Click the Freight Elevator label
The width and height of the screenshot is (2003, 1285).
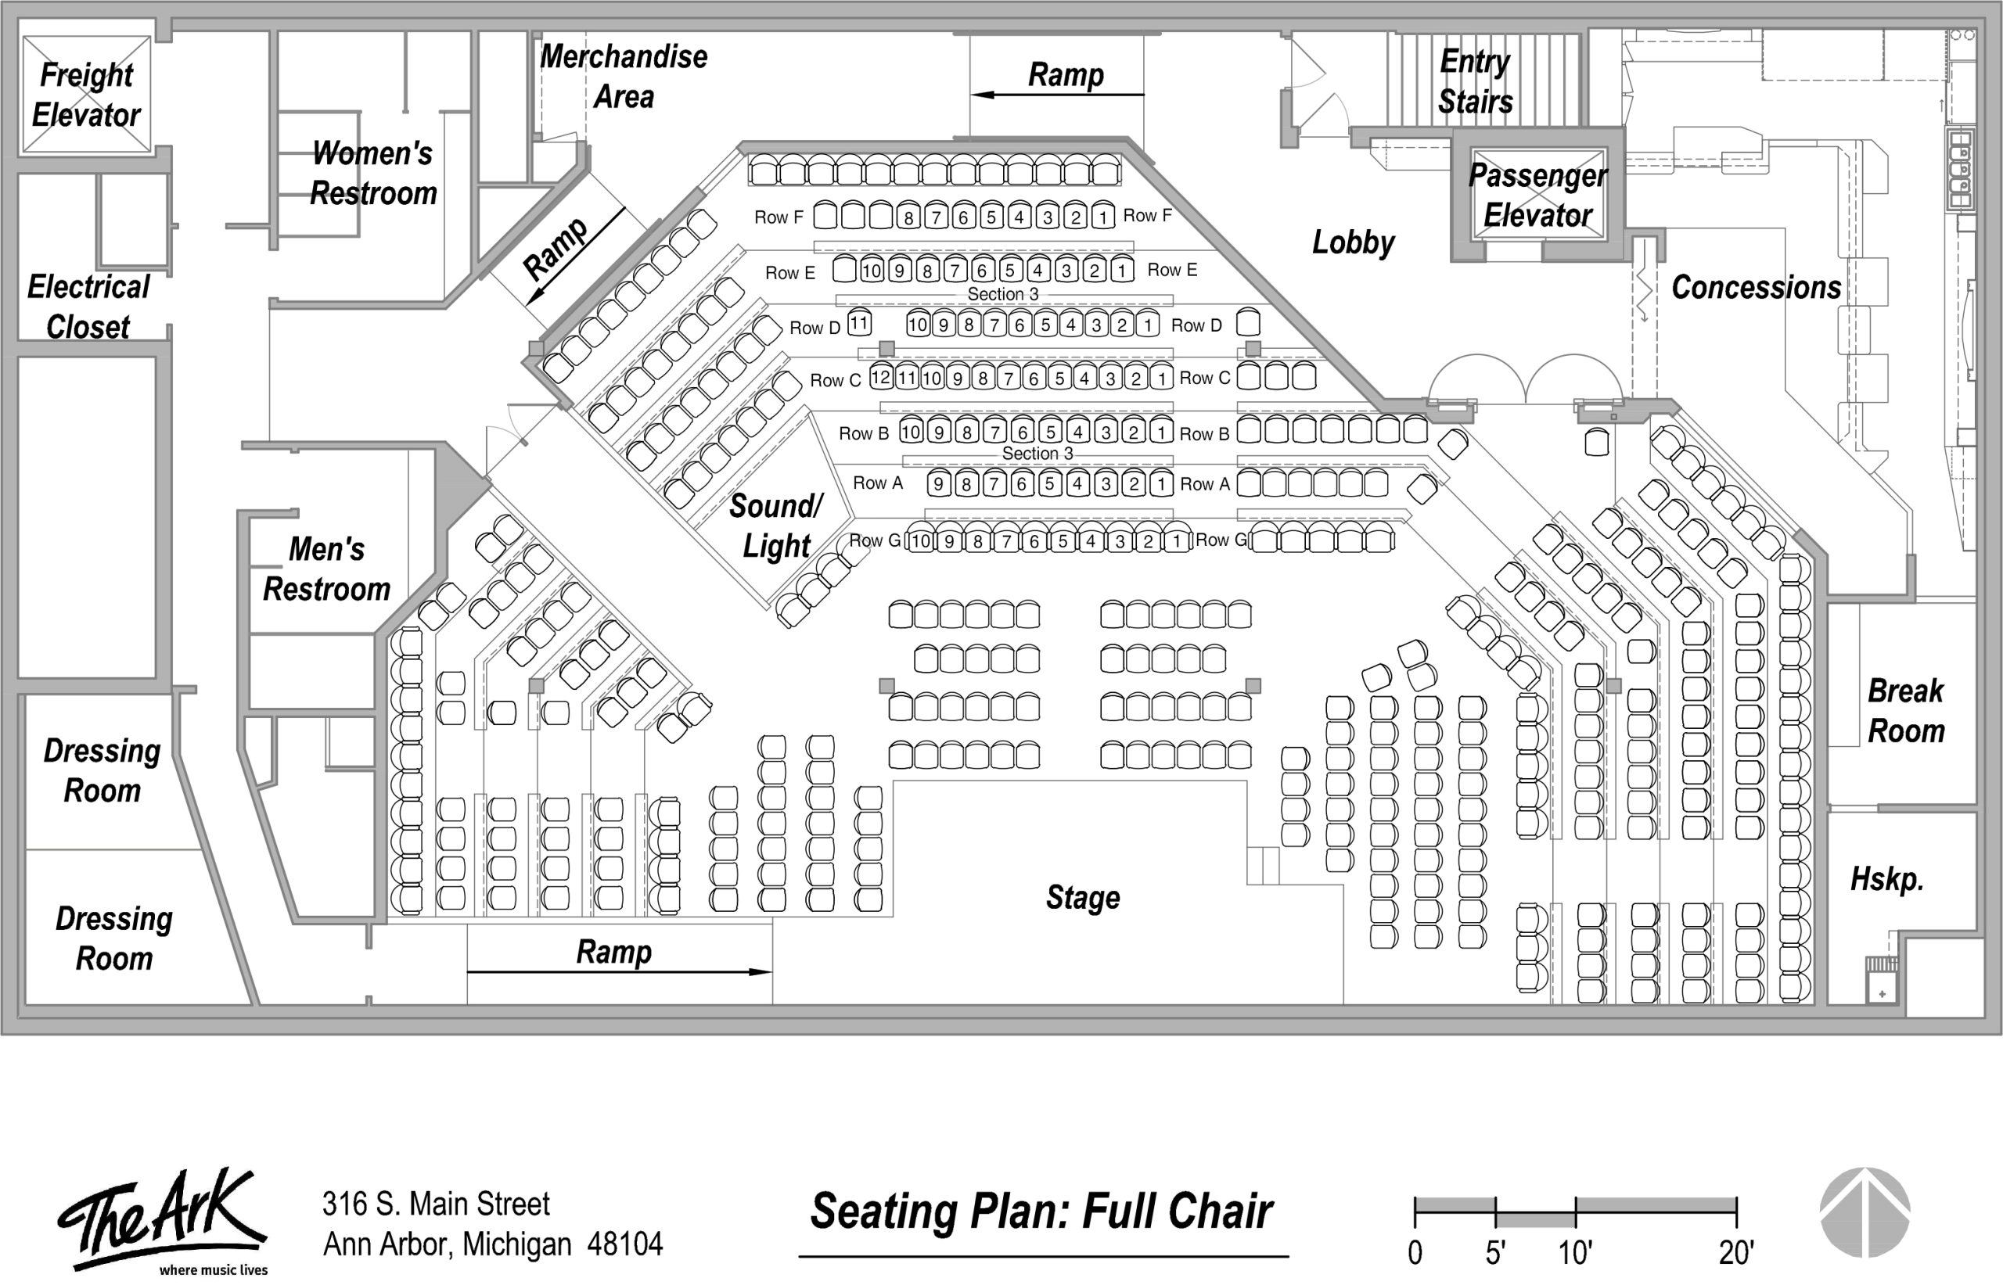point(86,95)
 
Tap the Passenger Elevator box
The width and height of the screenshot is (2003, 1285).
point(1538,195)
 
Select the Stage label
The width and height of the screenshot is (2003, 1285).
point(1082,898)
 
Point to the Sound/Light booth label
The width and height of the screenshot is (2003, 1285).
point(776,526)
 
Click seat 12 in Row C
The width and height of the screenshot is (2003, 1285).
point(881,376)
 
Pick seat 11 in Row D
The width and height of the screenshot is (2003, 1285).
point(860,322)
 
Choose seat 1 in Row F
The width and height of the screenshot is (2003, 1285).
point(1103,216)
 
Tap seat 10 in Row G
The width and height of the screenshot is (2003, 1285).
point(919,540)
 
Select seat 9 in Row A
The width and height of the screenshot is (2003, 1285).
point(939,483)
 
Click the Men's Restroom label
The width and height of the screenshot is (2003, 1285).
point(326,569)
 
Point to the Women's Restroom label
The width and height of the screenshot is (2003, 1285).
point(373,173)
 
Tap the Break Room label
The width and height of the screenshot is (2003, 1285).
point(1906,711)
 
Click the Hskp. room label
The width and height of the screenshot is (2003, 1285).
point(1887,878)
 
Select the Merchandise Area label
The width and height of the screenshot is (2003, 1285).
point(624,76)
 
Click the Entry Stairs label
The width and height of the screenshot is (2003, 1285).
point(1476,81)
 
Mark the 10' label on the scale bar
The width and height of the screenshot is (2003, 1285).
point(1576,1252)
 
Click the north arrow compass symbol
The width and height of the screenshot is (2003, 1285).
point(1865,1211)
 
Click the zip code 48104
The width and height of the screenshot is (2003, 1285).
point(625,1244)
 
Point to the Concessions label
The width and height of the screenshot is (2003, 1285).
point(1756,287)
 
